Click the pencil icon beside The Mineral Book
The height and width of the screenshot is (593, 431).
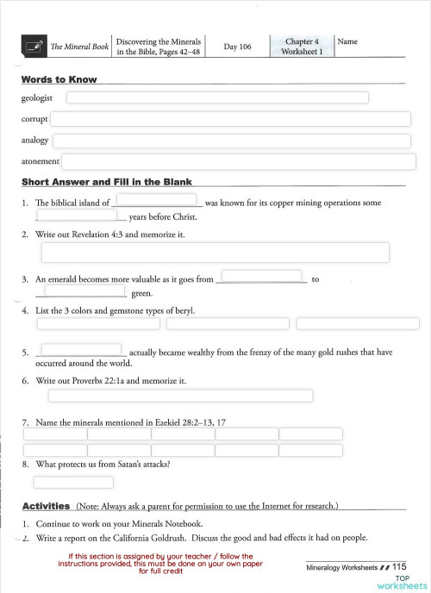[34, 47]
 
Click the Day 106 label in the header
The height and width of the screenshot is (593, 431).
[237, 47]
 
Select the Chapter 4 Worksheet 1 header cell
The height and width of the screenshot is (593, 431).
[302, 47]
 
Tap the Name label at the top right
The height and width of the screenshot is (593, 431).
[347, 41]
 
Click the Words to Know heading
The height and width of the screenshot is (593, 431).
[59, 79]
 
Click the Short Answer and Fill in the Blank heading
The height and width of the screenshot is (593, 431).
[107, 183]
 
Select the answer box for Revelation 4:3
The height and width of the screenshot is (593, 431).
[215, 253]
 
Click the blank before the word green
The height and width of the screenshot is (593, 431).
[80, 291]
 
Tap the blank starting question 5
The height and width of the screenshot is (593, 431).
[82, 350]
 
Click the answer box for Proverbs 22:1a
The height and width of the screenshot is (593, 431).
[179, 396]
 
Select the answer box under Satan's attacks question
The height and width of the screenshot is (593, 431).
[61, 483]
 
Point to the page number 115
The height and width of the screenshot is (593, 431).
[399, 566]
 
